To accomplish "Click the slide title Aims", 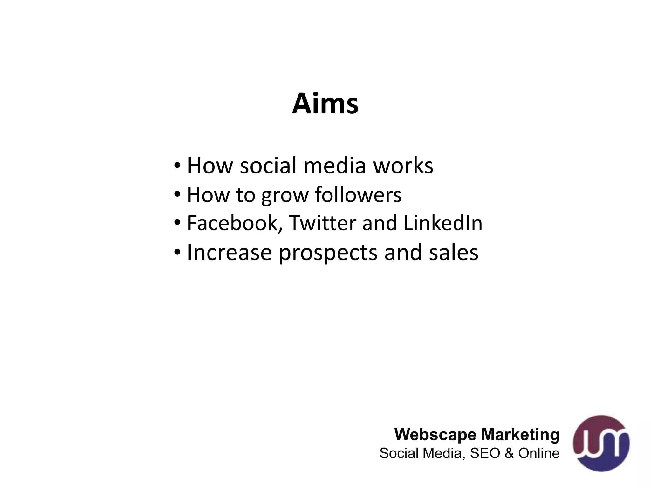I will (325, 104).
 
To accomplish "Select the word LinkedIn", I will (443, 223).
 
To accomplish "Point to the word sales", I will (454, 253).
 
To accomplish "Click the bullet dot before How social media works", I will (177, 166).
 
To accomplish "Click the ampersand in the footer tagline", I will (509, 453).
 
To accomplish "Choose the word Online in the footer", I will (539, 453).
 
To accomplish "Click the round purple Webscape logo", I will (601, 443).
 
